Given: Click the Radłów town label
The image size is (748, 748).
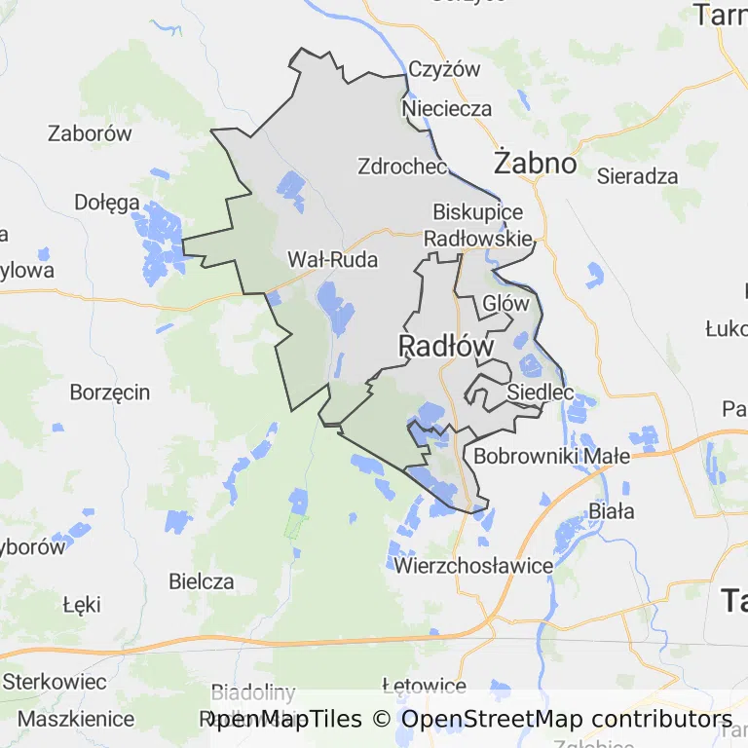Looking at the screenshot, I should pos(446,346).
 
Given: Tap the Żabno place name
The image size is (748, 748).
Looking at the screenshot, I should pos(535,163).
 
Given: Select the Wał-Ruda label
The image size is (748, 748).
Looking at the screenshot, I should pos(332,259).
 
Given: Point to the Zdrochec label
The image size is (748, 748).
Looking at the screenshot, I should pos(402,166).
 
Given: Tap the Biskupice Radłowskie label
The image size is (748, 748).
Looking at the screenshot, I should pos(478,225).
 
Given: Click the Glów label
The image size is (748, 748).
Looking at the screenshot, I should pos(505,303).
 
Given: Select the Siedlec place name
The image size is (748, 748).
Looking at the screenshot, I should pos(540,393).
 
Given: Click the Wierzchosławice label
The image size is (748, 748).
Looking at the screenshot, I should pos(473,565).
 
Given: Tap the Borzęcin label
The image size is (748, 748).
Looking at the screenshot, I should pos(110,393).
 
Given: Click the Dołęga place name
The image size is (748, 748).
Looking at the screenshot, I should pos(107,203).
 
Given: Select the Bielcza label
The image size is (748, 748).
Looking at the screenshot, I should pos(202,581).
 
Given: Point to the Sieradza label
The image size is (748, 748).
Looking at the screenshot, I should pos(638,176).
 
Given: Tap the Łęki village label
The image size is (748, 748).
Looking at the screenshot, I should pos(82,604).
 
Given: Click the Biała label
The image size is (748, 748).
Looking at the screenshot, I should pos(612,511).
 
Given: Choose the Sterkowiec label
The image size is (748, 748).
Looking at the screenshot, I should pos(56,680).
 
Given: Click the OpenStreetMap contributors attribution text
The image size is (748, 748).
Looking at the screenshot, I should pos(567,720).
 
